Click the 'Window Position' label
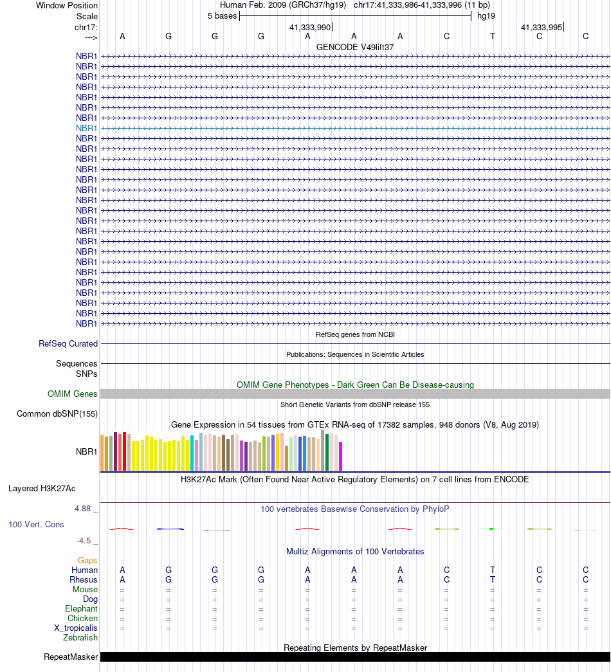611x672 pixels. coord(67,5)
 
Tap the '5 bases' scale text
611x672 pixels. coord(222,16)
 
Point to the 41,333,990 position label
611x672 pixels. coord(309,28)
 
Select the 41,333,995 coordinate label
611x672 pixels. coord(541,28)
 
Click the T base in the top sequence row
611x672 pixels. coord(493,36)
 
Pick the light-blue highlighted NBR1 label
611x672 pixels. coord(86,128)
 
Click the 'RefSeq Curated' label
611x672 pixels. coord(68,344)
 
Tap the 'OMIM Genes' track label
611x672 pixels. coord(73,394)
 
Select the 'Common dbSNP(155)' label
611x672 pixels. coord(57,413)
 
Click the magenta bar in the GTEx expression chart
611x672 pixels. coord(341,456)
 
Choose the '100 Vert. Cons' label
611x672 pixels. coord(36,525)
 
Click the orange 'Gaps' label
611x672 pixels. coord(87,561)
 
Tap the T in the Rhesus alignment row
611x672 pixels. coord(493,580)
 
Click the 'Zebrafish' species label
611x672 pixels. coord(80,638)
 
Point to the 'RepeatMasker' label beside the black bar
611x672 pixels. coord(71,657)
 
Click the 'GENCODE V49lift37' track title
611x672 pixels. coord(355,47)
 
